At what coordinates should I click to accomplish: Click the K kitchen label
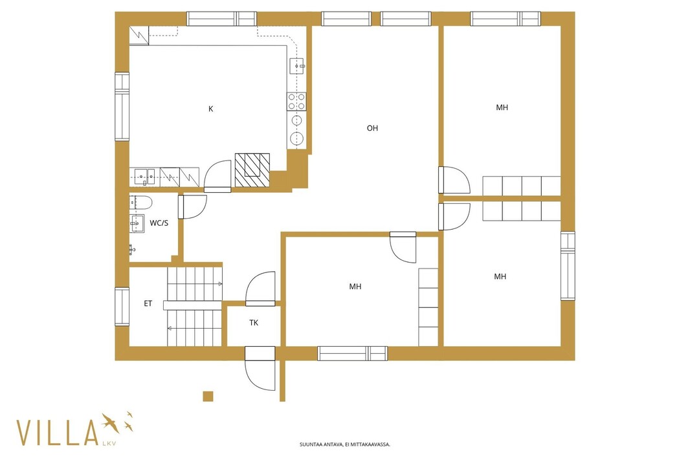click(x=211, y=109)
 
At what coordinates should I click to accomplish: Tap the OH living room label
click(x=372, y=128)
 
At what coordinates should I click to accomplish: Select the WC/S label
click(x=159, y=223)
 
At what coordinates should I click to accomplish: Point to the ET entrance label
click(x=148, y=303)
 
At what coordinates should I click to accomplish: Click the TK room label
click(x=254, y=323)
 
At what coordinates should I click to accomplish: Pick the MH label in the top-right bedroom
click(x=502, y=107)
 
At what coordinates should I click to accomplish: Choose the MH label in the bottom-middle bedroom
click(x=355, y=287)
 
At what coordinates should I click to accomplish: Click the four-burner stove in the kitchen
click(x=296, y=102)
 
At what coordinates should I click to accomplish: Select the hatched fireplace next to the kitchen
click(x=252, y=170)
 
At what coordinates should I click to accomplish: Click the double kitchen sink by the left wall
click(x=144, y=177)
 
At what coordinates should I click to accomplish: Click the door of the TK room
click(x=260, y=289)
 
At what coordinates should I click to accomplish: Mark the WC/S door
click(x=192, y=206)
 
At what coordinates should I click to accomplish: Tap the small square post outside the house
click(x=208, y=396)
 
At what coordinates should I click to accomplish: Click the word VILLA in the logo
click(x=57, y=433)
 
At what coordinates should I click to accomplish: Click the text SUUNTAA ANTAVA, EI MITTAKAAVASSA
click(x=344, y=444)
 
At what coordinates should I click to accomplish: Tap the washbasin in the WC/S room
click(x=137, y=223)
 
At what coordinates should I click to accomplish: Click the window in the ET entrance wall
click(x=122, y=307)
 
